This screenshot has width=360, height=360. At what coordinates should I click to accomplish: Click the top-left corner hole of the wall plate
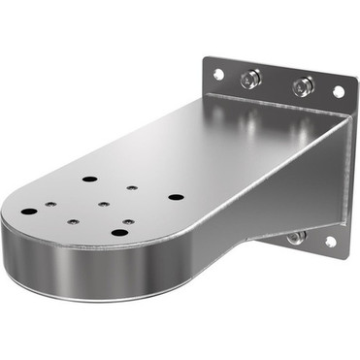[x=218, y=74]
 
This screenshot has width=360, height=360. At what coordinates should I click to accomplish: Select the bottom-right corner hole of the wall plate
[x=330, y=241]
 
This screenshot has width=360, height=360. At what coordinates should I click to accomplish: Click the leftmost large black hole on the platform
[x=30, y=211]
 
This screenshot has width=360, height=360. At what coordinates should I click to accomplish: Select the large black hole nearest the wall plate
[x=175, y=197]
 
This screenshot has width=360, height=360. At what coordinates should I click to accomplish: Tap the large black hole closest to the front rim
[x=118, y=232]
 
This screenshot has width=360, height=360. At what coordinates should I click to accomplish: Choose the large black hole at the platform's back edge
[x=89, y=180]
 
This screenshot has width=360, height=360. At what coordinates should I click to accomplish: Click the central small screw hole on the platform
[x=102, y=205]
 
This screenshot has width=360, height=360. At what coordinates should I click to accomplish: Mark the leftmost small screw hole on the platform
[x=52, y=205]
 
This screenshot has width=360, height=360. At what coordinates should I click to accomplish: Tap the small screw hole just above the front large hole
[x=128, y=221]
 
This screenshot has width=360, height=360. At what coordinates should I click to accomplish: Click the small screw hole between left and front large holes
[x=73, y=220]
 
